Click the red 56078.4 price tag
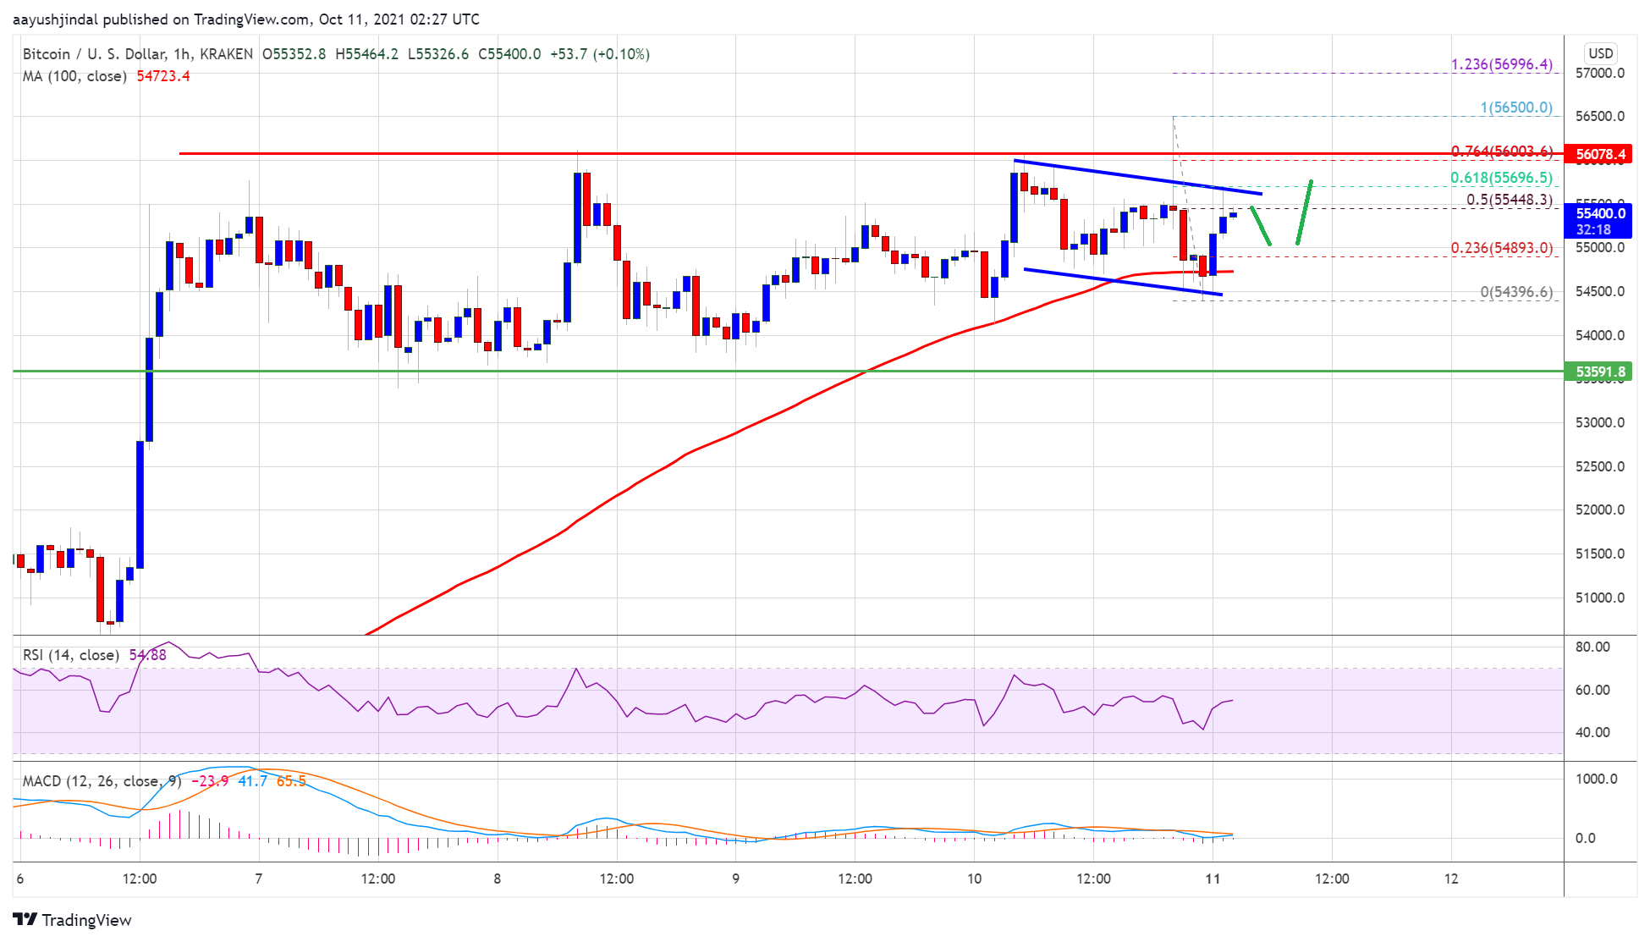point(1600,154)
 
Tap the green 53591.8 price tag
point(1600,372)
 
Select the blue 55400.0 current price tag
point(1600,214)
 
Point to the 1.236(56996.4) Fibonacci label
point(1501,64)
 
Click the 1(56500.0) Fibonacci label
point(1515,107)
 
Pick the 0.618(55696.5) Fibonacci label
point(1501,178)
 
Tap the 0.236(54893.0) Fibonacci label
point(1501,248)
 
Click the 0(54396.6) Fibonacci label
point(1515,292)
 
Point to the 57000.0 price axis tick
point(1599,74)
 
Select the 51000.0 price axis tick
point(1599,598)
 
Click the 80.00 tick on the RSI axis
point(1592,647)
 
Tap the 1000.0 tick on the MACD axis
point(1596,779)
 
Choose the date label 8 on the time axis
point(498,879)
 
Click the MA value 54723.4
point(163,76)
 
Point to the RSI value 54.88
point(147,655)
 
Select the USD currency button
point(1600,53)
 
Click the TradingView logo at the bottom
point(73,920)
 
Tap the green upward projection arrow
point(1304,212)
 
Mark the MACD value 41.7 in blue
point(252,780)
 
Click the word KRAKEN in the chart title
point(226,54)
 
